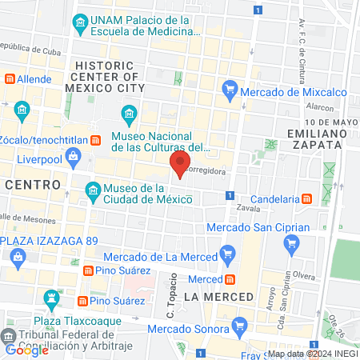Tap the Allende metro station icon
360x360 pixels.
10,79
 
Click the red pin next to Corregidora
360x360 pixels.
178,166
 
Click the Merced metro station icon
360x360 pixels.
230,279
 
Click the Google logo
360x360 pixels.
26,350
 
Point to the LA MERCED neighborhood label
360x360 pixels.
218,297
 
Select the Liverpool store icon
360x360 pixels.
10,158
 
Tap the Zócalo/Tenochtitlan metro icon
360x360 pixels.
96,141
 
